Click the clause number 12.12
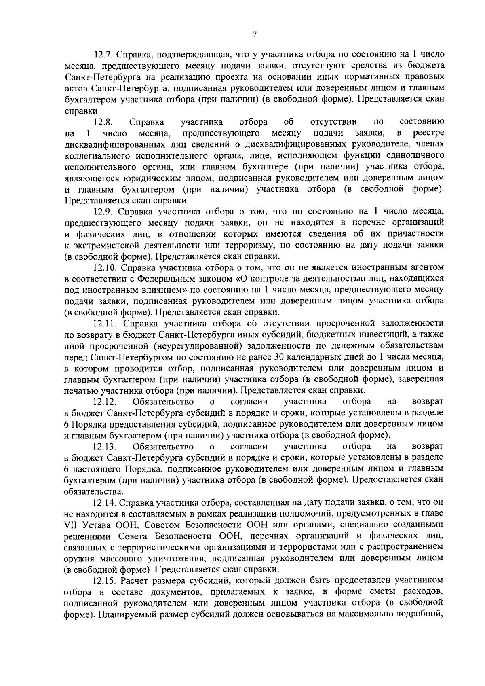105,402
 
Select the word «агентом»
428,267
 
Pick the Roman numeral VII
71,525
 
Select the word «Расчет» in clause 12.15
134,580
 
